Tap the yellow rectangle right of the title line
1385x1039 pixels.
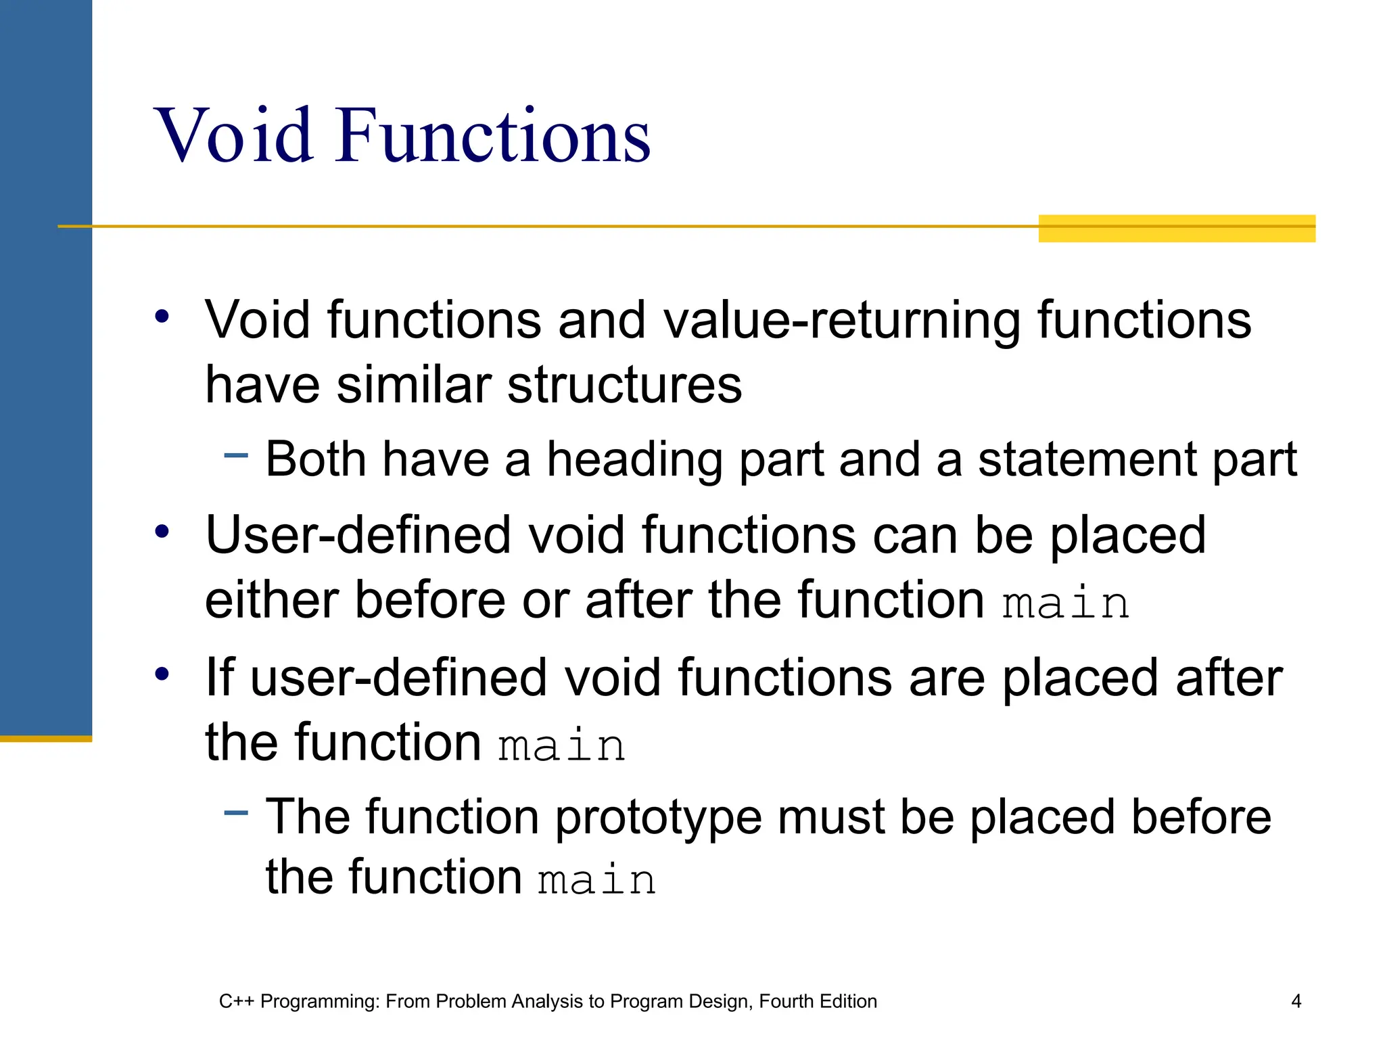[x=1176, y=229]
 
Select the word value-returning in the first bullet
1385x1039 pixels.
[x=841, y=320]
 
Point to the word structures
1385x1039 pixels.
[x=624, y=385]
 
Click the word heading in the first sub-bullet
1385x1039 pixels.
[x=634, y=460]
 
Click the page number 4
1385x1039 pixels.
[x=1296, y=1001]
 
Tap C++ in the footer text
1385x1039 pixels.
[x=236, y=1001]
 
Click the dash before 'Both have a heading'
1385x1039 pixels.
[x=236, y=455]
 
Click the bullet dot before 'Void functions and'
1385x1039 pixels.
[x=162, y=316]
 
